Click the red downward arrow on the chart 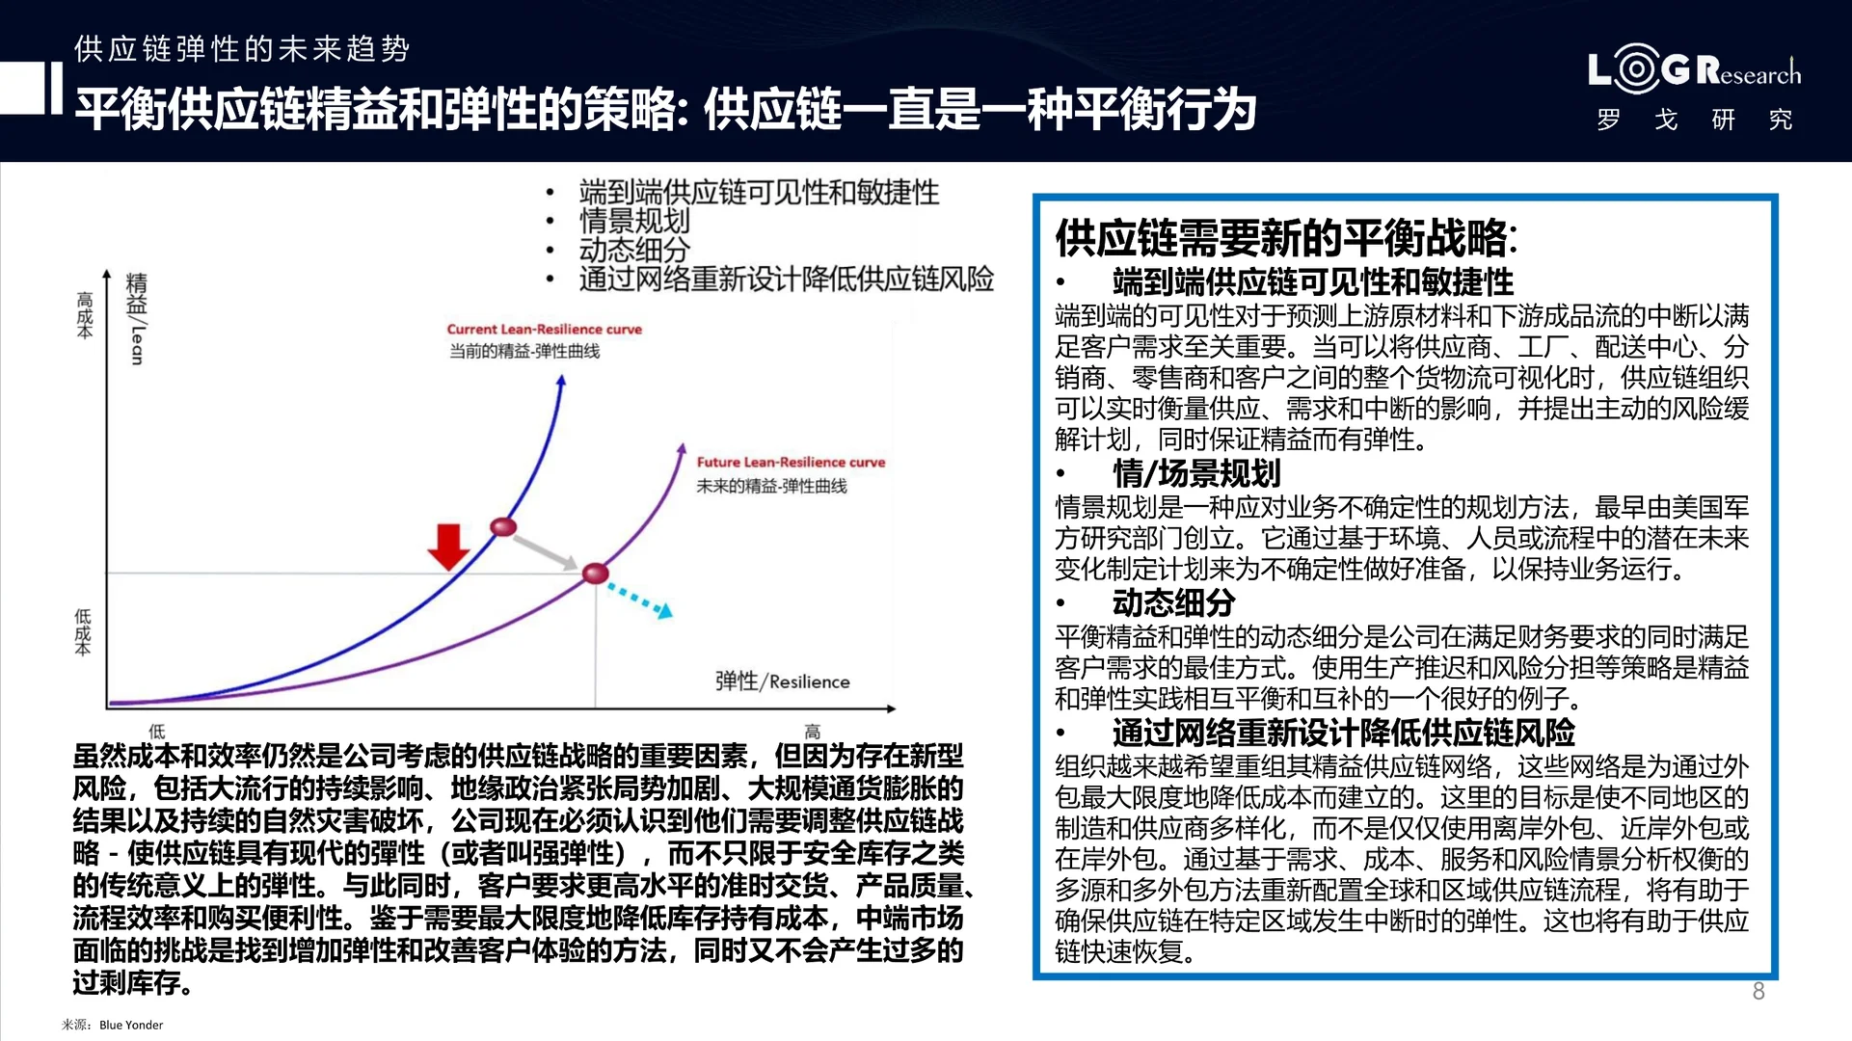[448, 547]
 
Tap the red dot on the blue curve [503, 526]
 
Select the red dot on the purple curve [596, 574]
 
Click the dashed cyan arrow [638, 599]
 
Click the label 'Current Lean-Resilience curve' [544, 330]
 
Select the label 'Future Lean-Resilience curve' [791, 463]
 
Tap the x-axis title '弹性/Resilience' [782, 681]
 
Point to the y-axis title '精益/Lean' [137, 318]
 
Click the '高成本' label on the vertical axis [85, 315]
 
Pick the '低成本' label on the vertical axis [84, 631]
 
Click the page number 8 [1758, 991]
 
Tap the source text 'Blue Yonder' [131, 1025]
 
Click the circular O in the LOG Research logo [1635, 69]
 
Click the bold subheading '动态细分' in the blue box [1173, 603]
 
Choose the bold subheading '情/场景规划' [1195, 473]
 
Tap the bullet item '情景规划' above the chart [634, 221]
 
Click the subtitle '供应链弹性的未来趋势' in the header [242, 48]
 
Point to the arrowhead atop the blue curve [561, 382]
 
